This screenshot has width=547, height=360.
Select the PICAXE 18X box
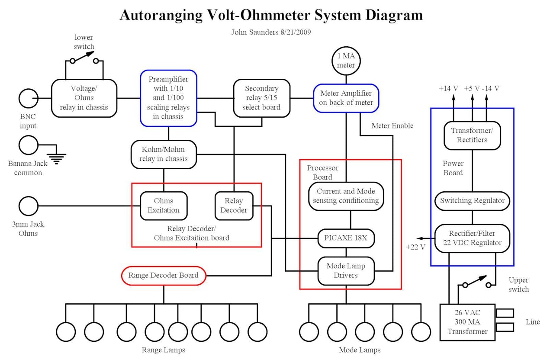[x=346, y=238]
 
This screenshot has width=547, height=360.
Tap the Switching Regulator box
[x=472, y=201]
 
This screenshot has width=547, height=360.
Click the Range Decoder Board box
[x=163, y=276]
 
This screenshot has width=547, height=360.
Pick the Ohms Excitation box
[x=163, y=206]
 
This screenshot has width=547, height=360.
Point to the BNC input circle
[x=29, y=99]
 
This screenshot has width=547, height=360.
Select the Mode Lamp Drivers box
[x=346, y=270]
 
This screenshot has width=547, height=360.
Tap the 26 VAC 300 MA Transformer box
[x=467, y=322]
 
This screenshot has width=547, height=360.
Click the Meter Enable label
[x=392, y=126]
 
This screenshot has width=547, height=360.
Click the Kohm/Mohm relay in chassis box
[x=164, y=154]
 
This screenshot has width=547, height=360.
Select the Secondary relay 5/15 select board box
[x=261, y=98]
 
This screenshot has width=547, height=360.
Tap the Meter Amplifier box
[x=346, y=98]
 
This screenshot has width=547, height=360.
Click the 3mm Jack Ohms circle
[x=29, y=206]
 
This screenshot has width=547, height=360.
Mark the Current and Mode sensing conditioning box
[x=346, y=196]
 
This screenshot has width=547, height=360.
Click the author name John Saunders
[x=255, y=32]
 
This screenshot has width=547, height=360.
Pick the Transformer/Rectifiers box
[x=472, y=135]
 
